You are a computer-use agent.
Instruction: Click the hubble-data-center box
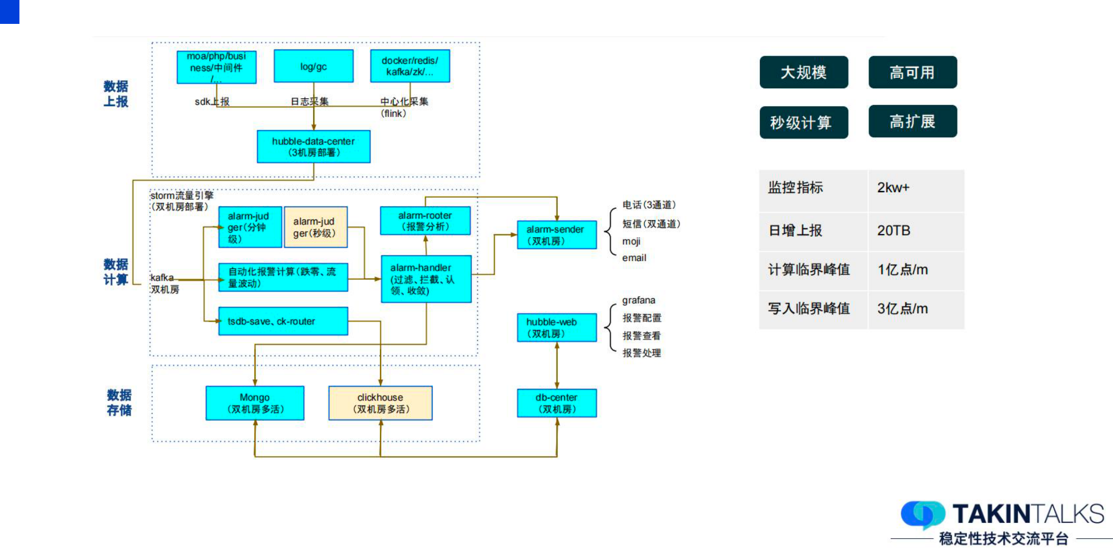[x=313, y=147]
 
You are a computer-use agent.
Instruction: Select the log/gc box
[x=313, y=66]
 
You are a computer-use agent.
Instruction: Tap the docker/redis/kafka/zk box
[x=410, y=66]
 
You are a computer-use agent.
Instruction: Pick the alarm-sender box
[x=556, y=235]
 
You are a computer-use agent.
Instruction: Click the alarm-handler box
[x=426, y=279]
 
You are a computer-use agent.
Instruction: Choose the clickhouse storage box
[x=380, y=403]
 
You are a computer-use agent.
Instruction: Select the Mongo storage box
[x=255, y=403]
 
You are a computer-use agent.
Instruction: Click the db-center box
[x=556, y=403]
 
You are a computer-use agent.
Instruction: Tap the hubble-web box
[x=556, y=328]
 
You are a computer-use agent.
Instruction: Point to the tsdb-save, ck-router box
[x=283, y=321]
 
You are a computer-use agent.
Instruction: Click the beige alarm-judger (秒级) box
[x=315, y=227]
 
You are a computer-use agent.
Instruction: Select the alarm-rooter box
[x=425, y=221]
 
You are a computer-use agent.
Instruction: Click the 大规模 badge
[x=804, y=72]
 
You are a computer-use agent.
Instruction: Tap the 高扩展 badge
[x=913, y=121]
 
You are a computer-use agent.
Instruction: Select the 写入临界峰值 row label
[x=809, y=309]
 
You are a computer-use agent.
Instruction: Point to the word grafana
[x=638, y=301]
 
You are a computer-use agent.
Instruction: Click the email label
[x=634, y=258]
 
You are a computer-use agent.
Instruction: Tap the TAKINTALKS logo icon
[x=923, y=514]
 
